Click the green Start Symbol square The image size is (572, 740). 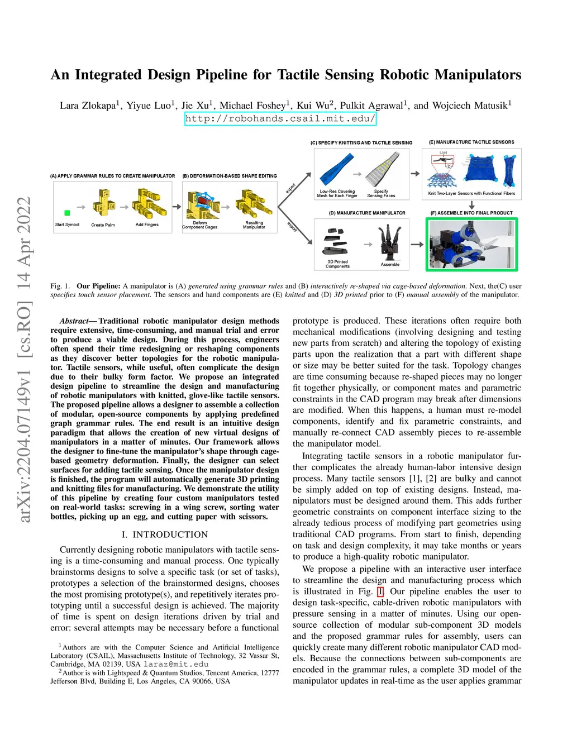click(x=67, y=213)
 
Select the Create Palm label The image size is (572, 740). click(x=103, y=225)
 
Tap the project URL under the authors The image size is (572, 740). click(x=280, y=118)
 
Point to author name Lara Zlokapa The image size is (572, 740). click(x=87, y=106)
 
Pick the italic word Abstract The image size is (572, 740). click(x=74, y=321)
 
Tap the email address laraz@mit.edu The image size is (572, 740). click(x=175, y=665)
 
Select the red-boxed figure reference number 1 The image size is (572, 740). click(x=380, y=591)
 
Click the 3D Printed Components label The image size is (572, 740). click(x=337, y=264)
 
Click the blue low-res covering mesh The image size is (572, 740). click(x=337, y=170)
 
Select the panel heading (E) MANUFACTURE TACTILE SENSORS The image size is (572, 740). click(x=471, y=142)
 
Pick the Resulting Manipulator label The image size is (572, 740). click(x=254, y=225)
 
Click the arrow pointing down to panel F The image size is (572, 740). click(x=471, y=205)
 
